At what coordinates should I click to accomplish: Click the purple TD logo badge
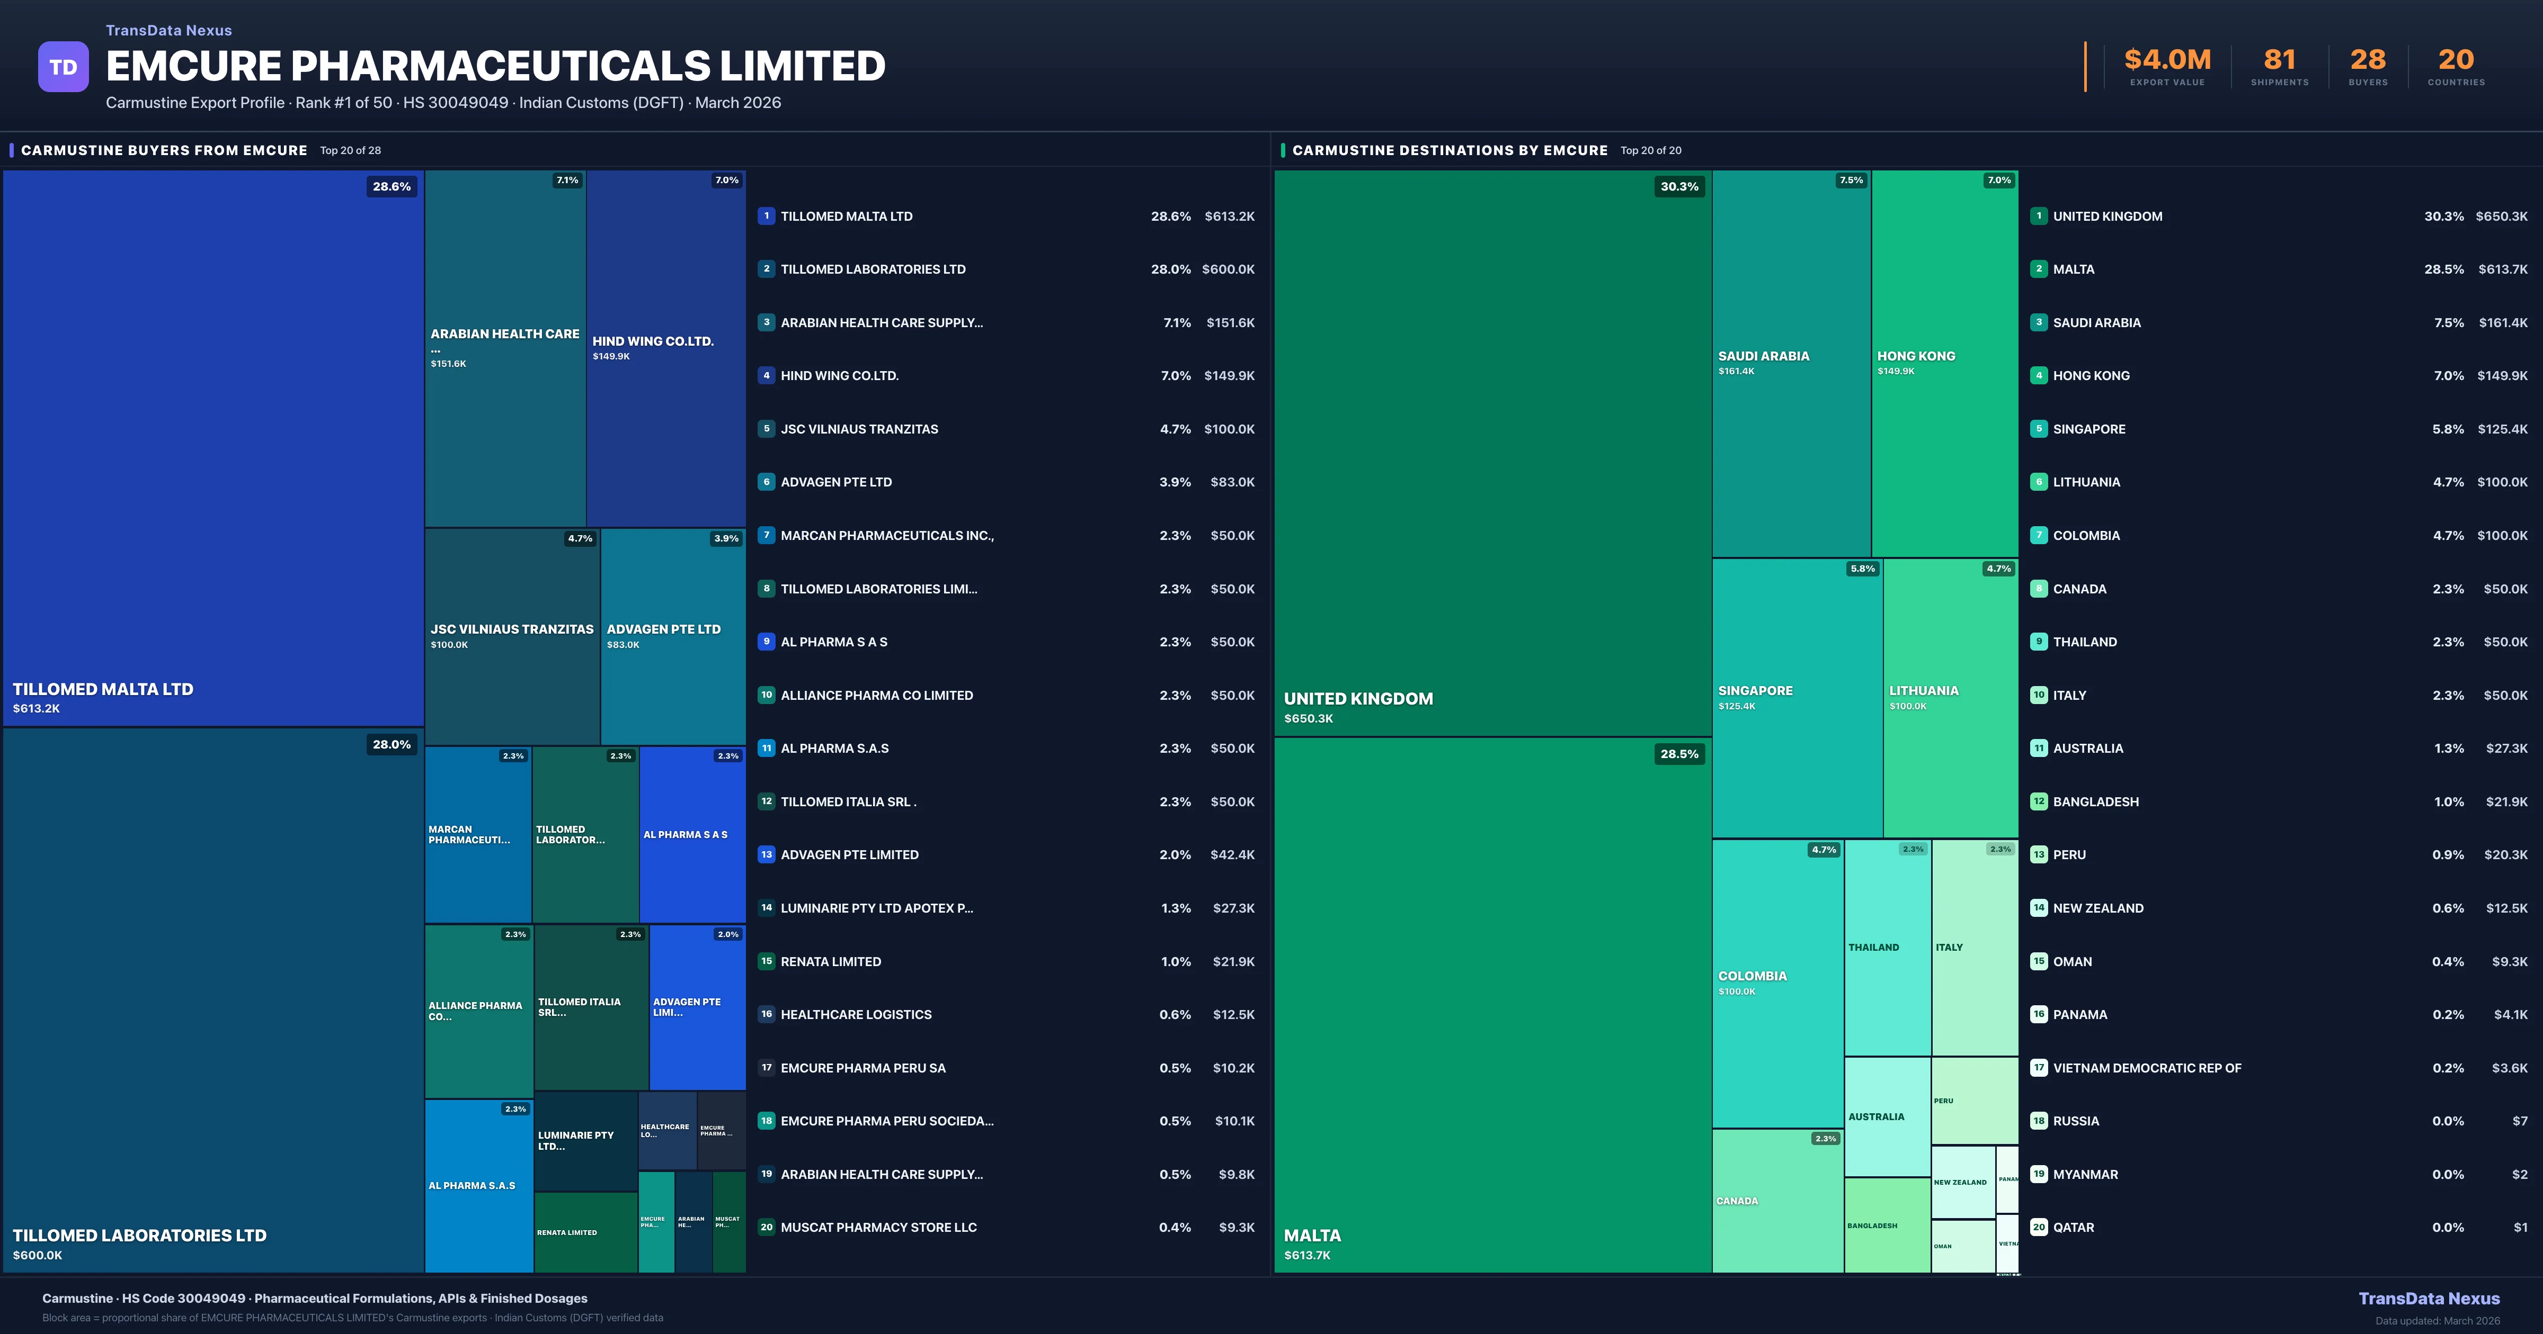point(63,67)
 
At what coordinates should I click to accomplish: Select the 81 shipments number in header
point(2279,60)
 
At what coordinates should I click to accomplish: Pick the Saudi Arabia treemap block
point(1791,363)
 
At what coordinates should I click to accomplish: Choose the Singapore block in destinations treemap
point(1797,698)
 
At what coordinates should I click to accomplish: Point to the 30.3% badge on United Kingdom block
point(1679,186)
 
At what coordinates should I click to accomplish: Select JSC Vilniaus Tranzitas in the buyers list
point(859,429)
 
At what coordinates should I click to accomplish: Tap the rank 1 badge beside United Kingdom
point(2039,216)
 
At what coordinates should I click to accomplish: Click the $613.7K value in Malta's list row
point(2503,269)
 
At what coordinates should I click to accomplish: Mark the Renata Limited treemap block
point(585,1232)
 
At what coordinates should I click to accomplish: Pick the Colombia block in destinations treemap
point(1777,983)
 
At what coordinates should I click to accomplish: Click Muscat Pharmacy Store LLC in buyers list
point(878,1228)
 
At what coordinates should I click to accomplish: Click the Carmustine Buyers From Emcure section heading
point(164,150)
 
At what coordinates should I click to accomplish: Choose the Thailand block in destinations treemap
point(1887,947)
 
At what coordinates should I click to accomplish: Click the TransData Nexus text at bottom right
point(2429,1299)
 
